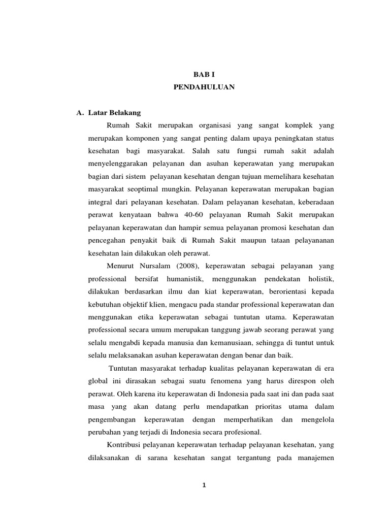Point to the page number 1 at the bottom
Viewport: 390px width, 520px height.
pyautogui.click(x=203, y=485)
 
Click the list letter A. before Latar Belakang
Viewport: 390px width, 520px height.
pyautogui.click(x=80, y=112)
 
